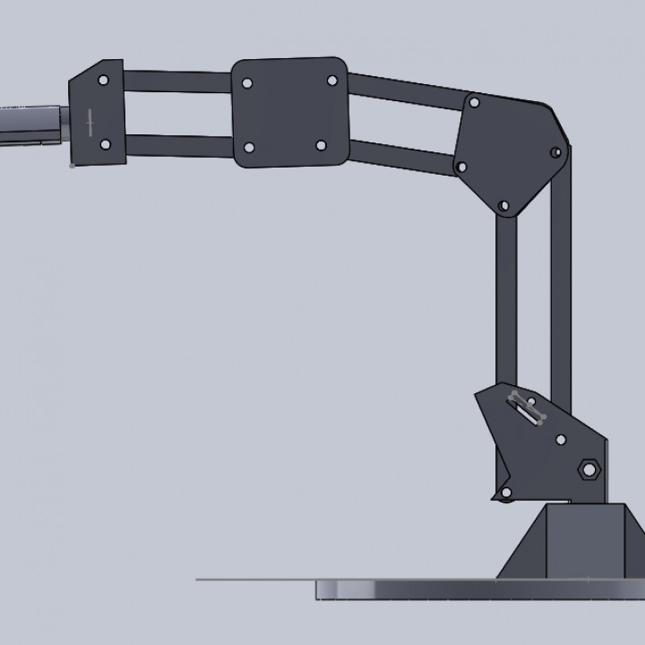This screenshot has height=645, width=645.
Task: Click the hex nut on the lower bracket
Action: (x=589, y=468)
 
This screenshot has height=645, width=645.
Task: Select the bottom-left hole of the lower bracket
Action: (x=505, y=493)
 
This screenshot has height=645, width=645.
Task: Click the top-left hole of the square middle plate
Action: (x=247, y=83)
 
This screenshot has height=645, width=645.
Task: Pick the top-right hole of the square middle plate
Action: (x=331, y=81)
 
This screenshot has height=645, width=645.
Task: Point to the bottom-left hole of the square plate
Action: (x=249, y=147)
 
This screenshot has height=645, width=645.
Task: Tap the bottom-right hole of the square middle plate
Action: (x=321, y=145)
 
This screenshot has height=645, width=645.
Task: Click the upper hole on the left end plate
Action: (x=104, y=81)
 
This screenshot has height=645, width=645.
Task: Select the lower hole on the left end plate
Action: (x=105, y=143)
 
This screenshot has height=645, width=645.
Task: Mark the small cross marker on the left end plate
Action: (x=89, y=123)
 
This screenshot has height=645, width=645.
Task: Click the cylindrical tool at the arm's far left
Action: (x=31, y=125)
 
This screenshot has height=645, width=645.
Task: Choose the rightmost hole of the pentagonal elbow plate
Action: (x=559, y=150)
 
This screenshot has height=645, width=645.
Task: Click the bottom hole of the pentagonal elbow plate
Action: (x=503, y=206)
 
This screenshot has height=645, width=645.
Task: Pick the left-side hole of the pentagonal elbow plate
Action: (x=460, y=166)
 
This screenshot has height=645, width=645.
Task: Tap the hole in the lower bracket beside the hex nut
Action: (x=561, y=440)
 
